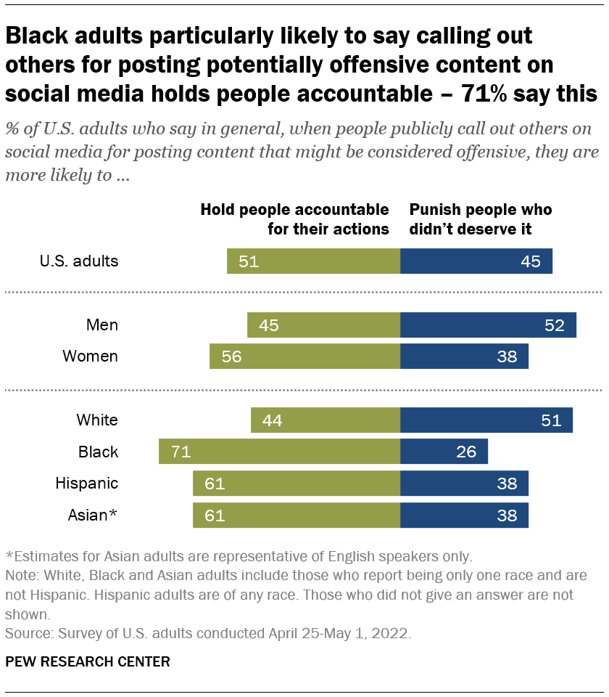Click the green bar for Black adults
(279, 452)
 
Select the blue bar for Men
(488, 325)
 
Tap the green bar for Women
(304, 356)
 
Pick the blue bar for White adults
(486, 420)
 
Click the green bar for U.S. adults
(313, 261)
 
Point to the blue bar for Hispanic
(464, 484)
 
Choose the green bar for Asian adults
(296, 515)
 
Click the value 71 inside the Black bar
(181, 452)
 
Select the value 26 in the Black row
(466, 452)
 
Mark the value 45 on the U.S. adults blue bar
(531, 261)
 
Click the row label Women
(90, 356)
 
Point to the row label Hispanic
(88, 484)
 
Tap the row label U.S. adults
(79, 261)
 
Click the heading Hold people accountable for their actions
(294, 220)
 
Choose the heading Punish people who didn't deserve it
(481, 220)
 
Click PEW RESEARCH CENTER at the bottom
(88, 661)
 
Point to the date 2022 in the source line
(392, 633)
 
